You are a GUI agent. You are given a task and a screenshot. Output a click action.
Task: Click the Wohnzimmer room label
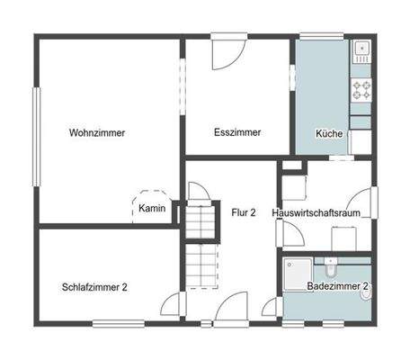(96, 132)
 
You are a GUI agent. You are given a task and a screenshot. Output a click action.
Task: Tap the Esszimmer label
(237, 132)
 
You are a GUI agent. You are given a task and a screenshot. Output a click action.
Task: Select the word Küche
(328, 133)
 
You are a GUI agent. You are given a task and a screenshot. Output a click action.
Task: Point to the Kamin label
(149, 210)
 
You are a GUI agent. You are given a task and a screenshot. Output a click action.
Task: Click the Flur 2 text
(244, 212)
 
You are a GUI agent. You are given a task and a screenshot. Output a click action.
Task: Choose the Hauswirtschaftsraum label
(321, 212)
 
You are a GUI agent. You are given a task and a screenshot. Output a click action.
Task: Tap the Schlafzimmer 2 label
(94, 287)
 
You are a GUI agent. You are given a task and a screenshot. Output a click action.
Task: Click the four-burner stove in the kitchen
(361, 89)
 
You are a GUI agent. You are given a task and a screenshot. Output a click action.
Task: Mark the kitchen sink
(361, 49)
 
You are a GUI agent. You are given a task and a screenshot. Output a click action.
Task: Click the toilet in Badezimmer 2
(331, 267)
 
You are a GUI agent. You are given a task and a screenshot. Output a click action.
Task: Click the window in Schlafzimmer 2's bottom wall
(117, 324)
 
